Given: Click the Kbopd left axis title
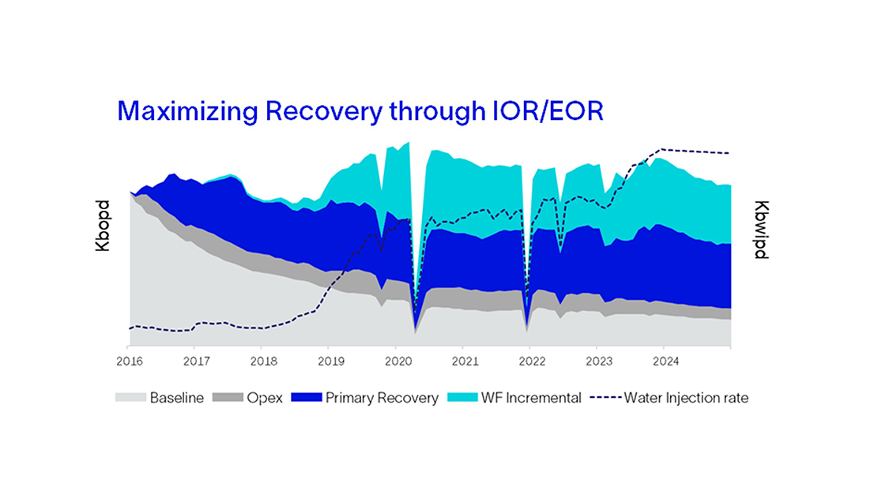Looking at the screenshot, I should [102, 230].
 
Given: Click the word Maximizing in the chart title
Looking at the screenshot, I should [187, 112].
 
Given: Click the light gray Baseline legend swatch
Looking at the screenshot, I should [130, 398].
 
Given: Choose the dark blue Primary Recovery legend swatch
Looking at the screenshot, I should [307, 398].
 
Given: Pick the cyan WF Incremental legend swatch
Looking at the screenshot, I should [462, 398].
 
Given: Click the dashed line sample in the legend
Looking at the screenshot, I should [605, 398].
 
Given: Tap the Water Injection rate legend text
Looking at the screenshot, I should [686, 398].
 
